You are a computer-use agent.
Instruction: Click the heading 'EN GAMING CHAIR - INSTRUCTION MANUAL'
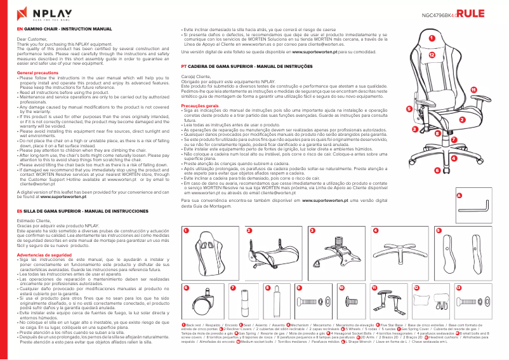(x=64, y=29)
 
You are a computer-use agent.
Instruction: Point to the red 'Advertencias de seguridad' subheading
(x=44, y=255)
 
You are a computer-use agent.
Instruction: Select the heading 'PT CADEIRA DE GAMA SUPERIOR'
(x=235, y=65)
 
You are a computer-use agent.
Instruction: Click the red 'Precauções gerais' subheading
(x=204, y=105)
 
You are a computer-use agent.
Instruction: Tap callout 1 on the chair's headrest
(x=432, y=39)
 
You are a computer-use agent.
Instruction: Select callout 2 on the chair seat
(x=462, y=119)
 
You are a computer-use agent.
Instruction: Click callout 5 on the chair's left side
(x=409, y=109)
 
